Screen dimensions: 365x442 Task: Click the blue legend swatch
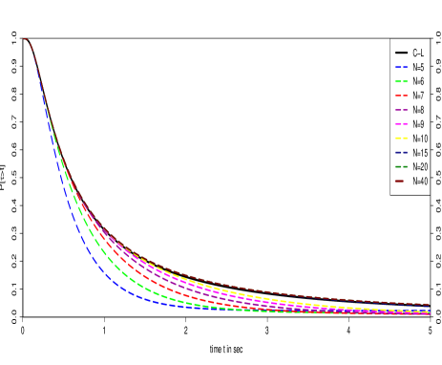point(401,67)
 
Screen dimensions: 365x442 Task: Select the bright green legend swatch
point(401,81)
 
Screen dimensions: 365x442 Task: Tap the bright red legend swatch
point(401,96)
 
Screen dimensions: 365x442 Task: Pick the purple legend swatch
point(401,110)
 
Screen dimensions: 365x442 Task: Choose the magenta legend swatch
point(401,124)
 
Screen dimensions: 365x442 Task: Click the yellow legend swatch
point(401,138)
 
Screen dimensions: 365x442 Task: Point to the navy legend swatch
point(401,152)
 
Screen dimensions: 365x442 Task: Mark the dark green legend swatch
point(401,166)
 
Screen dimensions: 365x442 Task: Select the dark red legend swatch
point(400,181)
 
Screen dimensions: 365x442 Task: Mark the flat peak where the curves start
point(25,39)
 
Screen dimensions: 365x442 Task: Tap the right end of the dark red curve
point(428,304)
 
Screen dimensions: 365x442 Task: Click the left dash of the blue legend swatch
point(397,67)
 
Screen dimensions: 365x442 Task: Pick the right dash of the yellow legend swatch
point(405,138)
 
